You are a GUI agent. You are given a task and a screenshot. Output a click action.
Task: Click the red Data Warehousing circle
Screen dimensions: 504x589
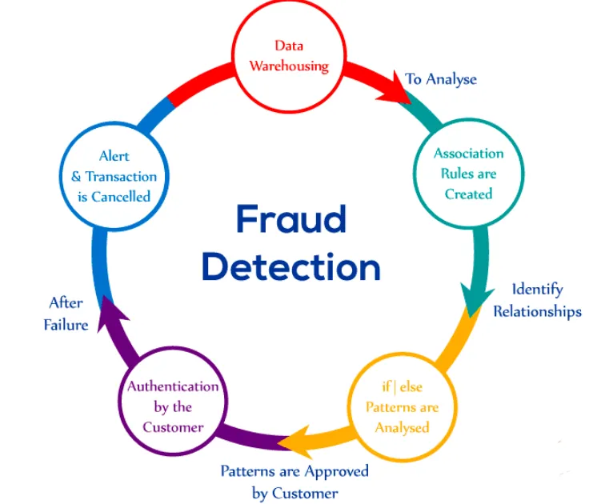(x=289, y=57)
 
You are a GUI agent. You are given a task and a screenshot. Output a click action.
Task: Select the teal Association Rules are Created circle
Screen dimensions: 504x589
(x=468, y=173)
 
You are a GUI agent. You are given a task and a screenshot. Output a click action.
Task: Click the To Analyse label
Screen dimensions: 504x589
(x=441, y=78)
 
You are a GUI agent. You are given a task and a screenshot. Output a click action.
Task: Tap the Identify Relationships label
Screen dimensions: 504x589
(x=537, y=300)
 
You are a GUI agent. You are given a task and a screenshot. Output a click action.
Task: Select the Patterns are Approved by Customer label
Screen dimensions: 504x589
(x=294, y=481)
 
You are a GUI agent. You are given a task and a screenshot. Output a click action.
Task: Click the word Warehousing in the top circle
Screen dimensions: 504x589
(x=289, y=66)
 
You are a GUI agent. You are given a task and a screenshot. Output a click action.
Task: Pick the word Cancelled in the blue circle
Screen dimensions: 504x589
(x=114, y=196)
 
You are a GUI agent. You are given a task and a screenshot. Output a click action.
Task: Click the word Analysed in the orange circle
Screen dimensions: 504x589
(x=402, y=427)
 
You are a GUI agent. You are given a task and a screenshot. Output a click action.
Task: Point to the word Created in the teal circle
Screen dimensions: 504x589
(x=468, y=194)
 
